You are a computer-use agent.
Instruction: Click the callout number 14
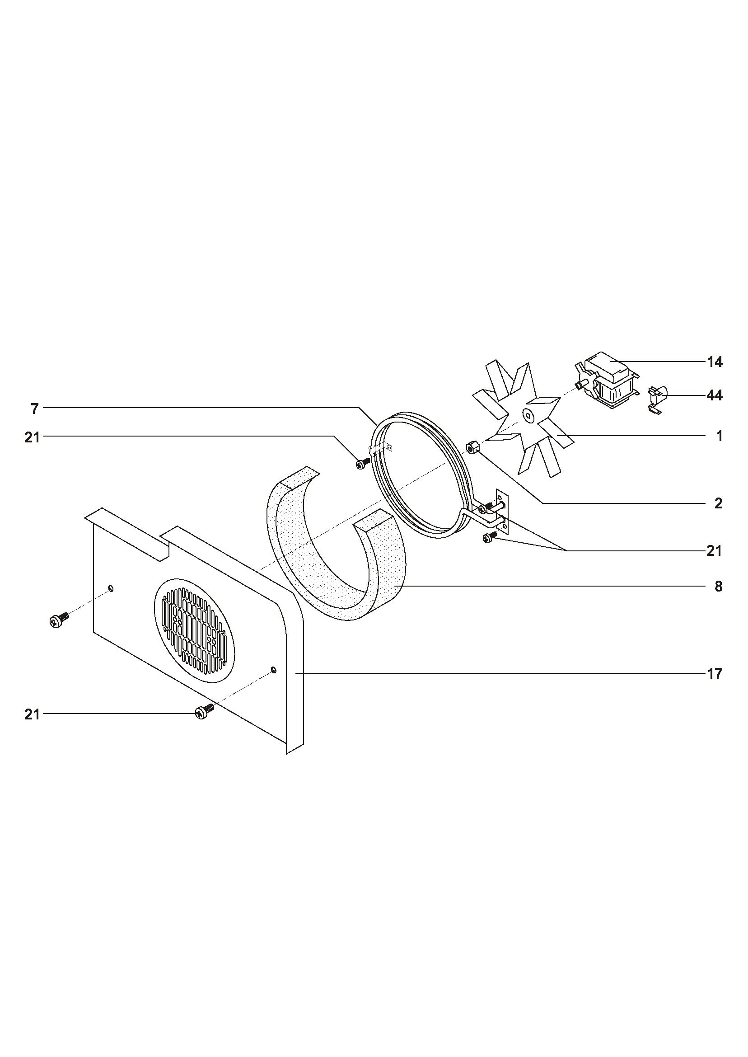(x=715, y=362)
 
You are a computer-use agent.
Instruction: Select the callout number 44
(x=715, y=395)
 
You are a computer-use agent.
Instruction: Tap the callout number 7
(x=34, y=408)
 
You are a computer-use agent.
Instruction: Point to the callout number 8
(x=719, y=587)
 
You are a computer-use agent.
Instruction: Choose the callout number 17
(x=715, y=674)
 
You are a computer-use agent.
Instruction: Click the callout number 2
(x=719, y=503)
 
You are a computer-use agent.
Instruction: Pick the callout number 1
(x=720, y=436)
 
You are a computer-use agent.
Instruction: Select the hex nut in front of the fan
(x=472, y=447)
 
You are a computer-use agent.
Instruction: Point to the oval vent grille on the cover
(x=193, y=631)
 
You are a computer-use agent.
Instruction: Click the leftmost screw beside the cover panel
(x=59, y=620)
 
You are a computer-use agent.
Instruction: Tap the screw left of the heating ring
(x=363, y=463)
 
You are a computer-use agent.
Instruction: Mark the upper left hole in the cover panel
(x=111, y=588)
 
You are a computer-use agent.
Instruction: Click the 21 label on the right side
(x=715, y=550)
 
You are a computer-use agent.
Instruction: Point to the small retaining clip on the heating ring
(x=379, y=448)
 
